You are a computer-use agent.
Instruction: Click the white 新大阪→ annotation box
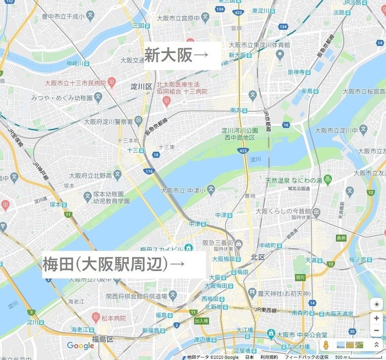pyautogui.click(x=182, y=56)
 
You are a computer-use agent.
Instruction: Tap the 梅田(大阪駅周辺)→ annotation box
pyautogui.click(x=124, y=264)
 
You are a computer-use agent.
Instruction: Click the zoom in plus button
pyautogui.click(x=376, y=319)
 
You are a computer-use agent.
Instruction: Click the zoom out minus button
pyautogui.click(x=376, y=331)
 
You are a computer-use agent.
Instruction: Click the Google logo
pyautogui.click(x=81, y=346)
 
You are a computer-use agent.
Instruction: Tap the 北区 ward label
pyautogui.click(x=258, y=258)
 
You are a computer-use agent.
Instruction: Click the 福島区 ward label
pyautogui.click(x=103, y=339)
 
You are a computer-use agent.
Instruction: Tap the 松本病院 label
pyautogui.click(x=113, y=319)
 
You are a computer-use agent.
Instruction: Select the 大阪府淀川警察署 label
pyautogui.click(x=109, y=121)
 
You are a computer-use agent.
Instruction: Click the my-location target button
pyautogui.click(x=376, y=305)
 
